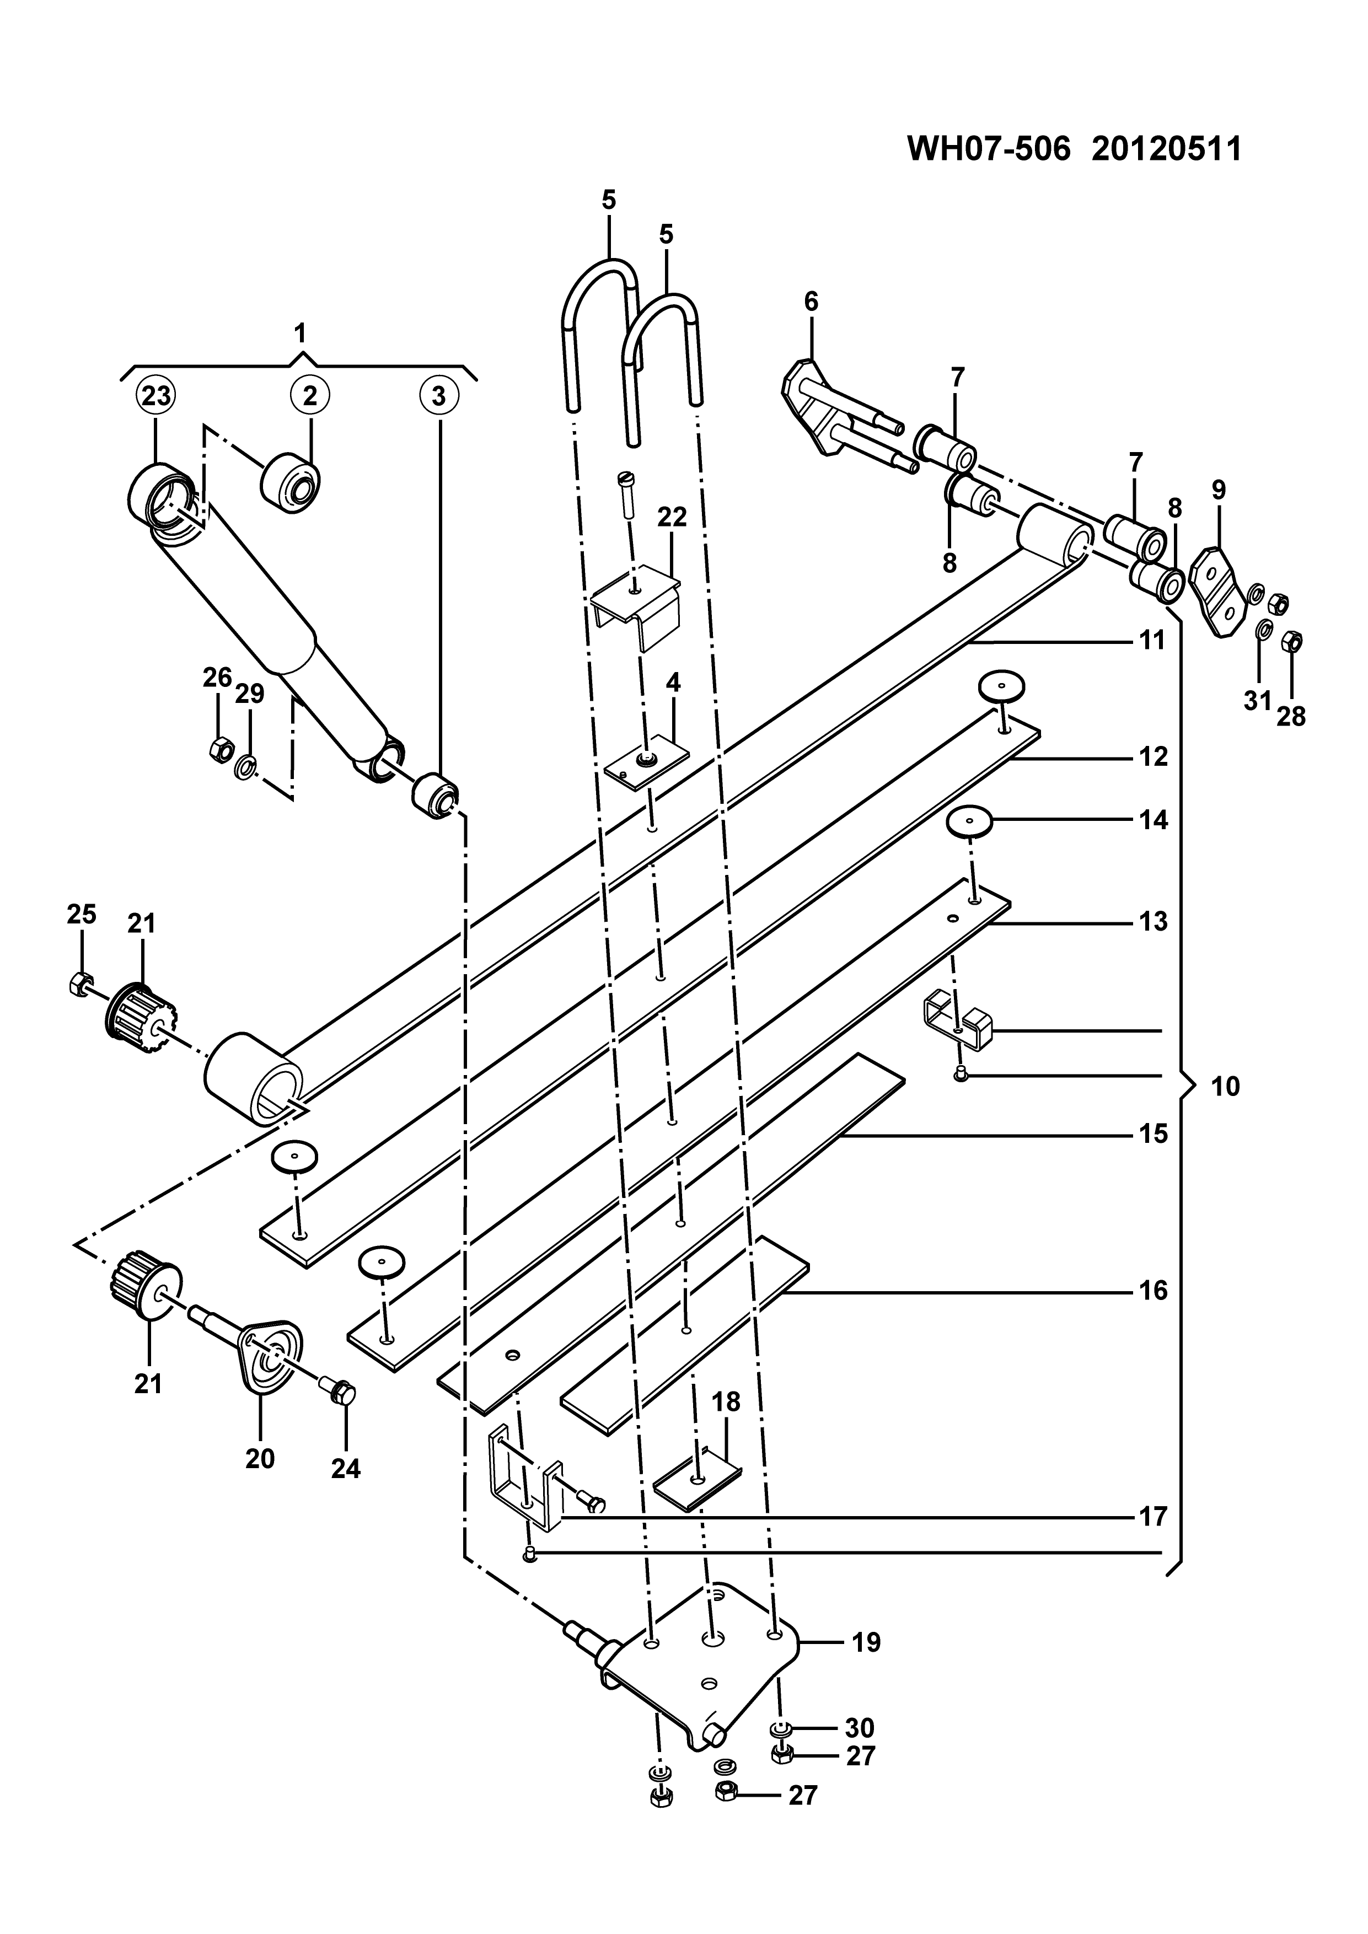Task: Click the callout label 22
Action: click(672, 517)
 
